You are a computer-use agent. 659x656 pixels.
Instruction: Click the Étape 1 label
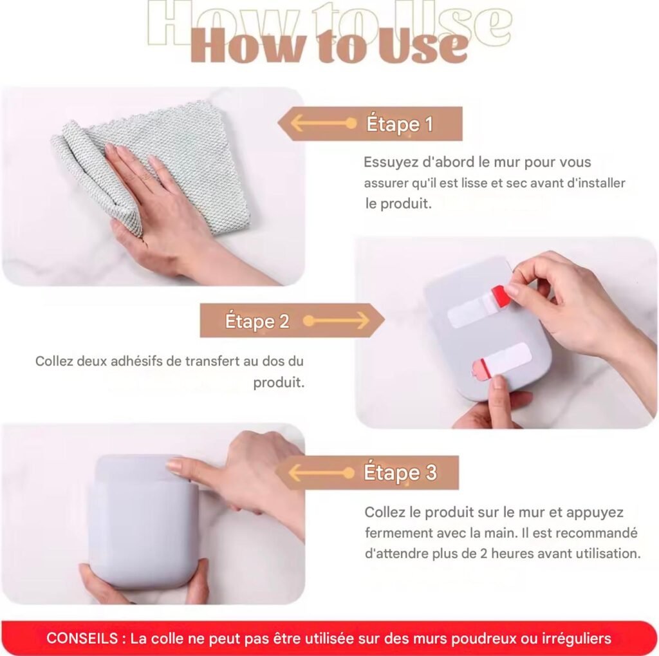tap(399, 124)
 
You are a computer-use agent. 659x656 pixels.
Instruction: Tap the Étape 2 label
tap(257, 321)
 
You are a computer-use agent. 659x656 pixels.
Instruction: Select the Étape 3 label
tap(400, 473)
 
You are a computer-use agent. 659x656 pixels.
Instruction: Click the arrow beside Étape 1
tap(324, 124)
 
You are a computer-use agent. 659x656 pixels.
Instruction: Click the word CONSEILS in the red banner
tap(82, 638)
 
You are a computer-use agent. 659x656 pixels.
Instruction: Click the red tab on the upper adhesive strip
tap(498, 293)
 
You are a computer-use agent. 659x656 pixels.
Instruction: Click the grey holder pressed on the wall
tap(145, 521)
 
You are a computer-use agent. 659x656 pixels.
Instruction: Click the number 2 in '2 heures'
tap(483, 554)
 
